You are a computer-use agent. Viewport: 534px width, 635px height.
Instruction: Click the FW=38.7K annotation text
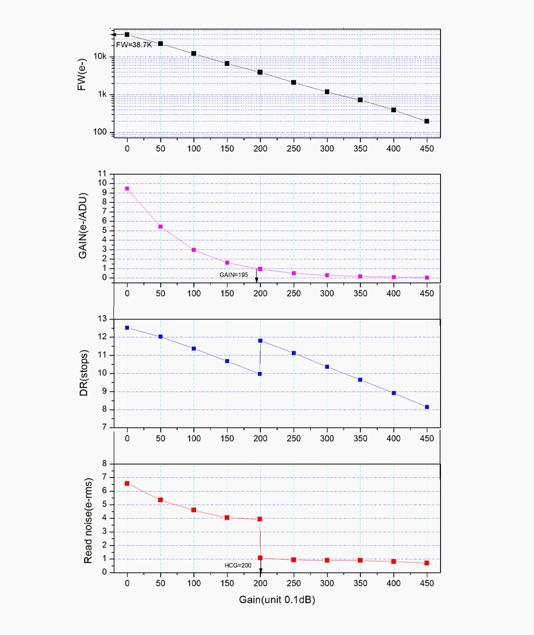[133, 44]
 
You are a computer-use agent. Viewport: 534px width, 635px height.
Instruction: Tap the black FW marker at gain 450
[427, 121]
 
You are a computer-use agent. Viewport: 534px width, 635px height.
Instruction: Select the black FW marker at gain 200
[260, 72]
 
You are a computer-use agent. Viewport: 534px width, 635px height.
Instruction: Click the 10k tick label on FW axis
[100, 56]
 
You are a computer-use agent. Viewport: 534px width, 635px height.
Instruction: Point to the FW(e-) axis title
[81, 75]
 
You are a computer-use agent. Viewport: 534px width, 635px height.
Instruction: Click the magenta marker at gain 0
[127, 189]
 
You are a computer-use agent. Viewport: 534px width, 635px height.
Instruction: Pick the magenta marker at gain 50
[161, 227]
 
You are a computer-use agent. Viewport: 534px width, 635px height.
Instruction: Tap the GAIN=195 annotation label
[234, 275]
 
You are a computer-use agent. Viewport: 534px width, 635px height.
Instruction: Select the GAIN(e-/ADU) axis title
[83, 225]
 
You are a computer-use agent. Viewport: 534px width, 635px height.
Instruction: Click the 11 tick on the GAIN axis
[102, 173]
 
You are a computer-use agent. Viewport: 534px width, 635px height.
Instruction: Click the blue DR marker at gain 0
[127, 328]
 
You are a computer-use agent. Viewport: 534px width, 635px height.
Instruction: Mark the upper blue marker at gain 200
[260, 341]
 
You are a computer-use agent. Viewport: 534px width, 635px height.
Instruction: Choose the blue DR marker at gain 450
[427, 407]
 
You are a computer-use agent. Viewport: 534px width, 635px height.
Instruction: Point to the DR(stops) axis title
[84, 373]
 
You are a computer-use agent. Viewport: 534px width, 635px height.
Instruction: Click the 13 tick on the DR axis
[102, 319]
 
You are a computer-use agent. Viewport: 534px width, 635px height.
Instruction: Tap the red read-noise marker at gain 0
[127, 483]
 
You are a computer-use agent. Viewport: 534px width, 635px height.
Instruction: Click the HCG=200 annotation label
[238, 565]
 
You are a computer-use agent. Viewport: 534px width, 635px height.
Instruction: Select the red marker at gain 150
[227, 518]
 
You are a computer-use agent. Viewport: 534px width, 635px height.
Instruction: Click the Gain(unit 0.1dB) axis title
[277, 599]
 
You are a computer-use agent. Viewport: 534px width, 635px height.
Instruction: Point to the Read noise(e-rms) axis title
[88, 521]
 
